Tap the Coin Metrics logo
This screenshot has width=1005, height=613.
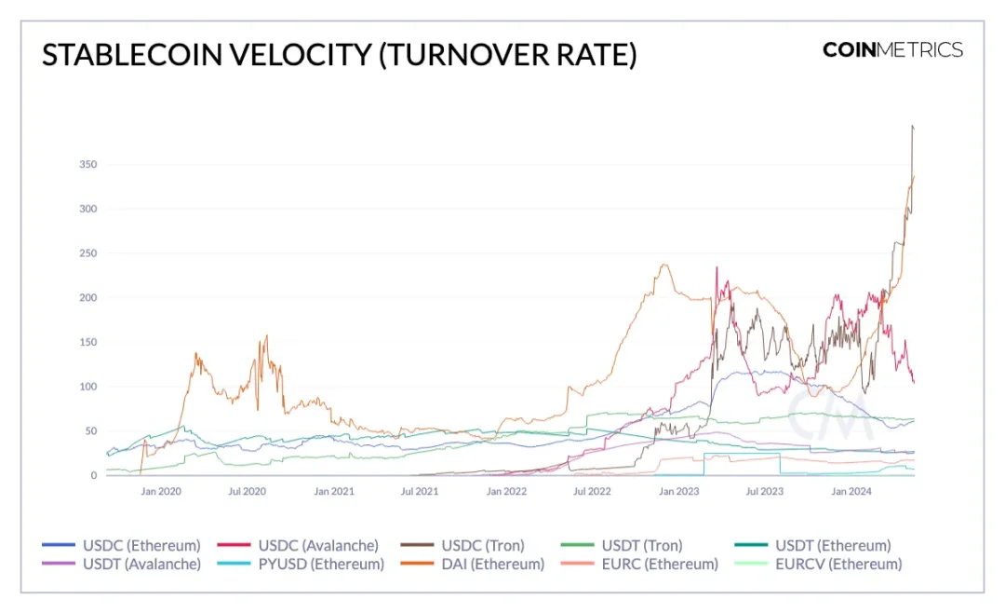pyautogui.click(x=891, y=50)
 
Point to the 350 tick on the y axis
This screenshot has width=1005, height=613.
pyautogui.click(x=87, y=164)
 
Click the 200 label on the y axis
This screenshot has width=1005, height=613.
pyautogui.click(x=87, y=297)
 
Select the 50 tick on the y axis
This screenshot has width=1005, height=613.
pyautogui.click(x=90, y=430)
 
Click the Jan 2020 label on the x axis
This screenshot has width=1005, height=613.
pyautogui.click(x=162, y=490)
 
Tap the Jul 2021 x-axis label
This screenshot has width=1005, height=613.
pyautogui.click(x=420, y=490)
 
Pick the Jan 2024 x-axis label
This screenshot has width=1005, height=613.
pyautogui.click(x=850, y=490)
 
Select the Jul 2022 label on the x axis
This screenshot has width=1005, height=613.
pyautogui.click(x=592, y=490)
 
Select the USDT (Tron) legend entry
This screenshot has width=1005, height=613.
pyautogui.click(x=641, y=545)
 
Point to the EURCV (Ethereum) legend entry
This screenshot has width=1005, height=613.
pyautogui.click(x=834, y=564)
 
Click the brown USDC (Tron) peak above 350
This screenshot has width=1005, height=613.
pyautogui.click(x=912, y=126)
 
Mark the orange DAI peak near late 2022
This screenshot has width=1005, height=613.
pyautogui.click(x=663, y=265)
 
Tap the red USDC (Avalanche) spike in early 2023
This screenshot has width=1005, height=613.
pyautogui.click(x=717, y=268)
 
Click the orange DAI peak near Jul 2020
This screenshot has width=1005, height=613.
pyautogui.click(x=267, y=336)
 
